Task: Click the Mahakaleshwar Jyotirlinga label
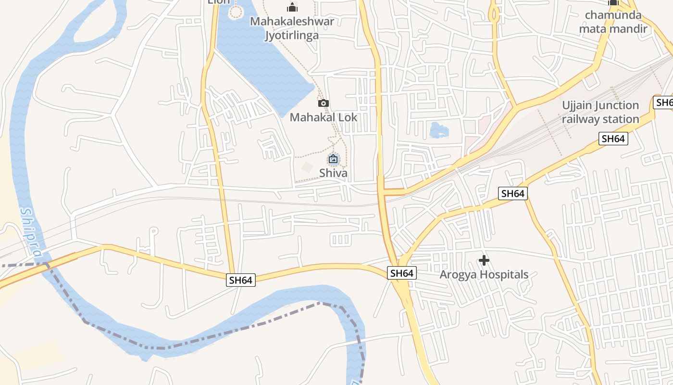point(292,28)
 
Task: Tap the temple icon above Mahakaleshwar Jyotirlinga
point(292,7)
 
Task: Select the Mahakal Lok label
point(324,117)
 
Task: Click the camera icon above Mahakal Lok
point(324,103)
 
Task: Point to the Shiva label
point(333,173)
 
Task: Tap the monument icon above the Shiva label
point(333,159)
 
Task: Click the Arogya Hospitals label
point(484,274)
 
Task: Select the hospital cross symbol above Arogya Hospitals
point(484,261)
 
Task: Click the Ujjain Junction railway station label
point(601,112)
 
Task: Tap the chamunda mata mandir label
point(613,22)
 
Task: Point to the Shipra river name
point(31,231)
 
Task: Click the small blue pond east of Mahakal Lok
point(437,130)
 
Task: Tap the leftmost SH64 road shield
point(241,280)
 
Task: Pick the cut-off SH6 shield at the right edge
point(664,102)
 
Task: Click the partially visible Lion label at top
point(219,2)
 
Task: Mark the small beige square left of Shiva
point(307,167)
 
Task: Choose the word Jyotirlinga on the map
point(292,35)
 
